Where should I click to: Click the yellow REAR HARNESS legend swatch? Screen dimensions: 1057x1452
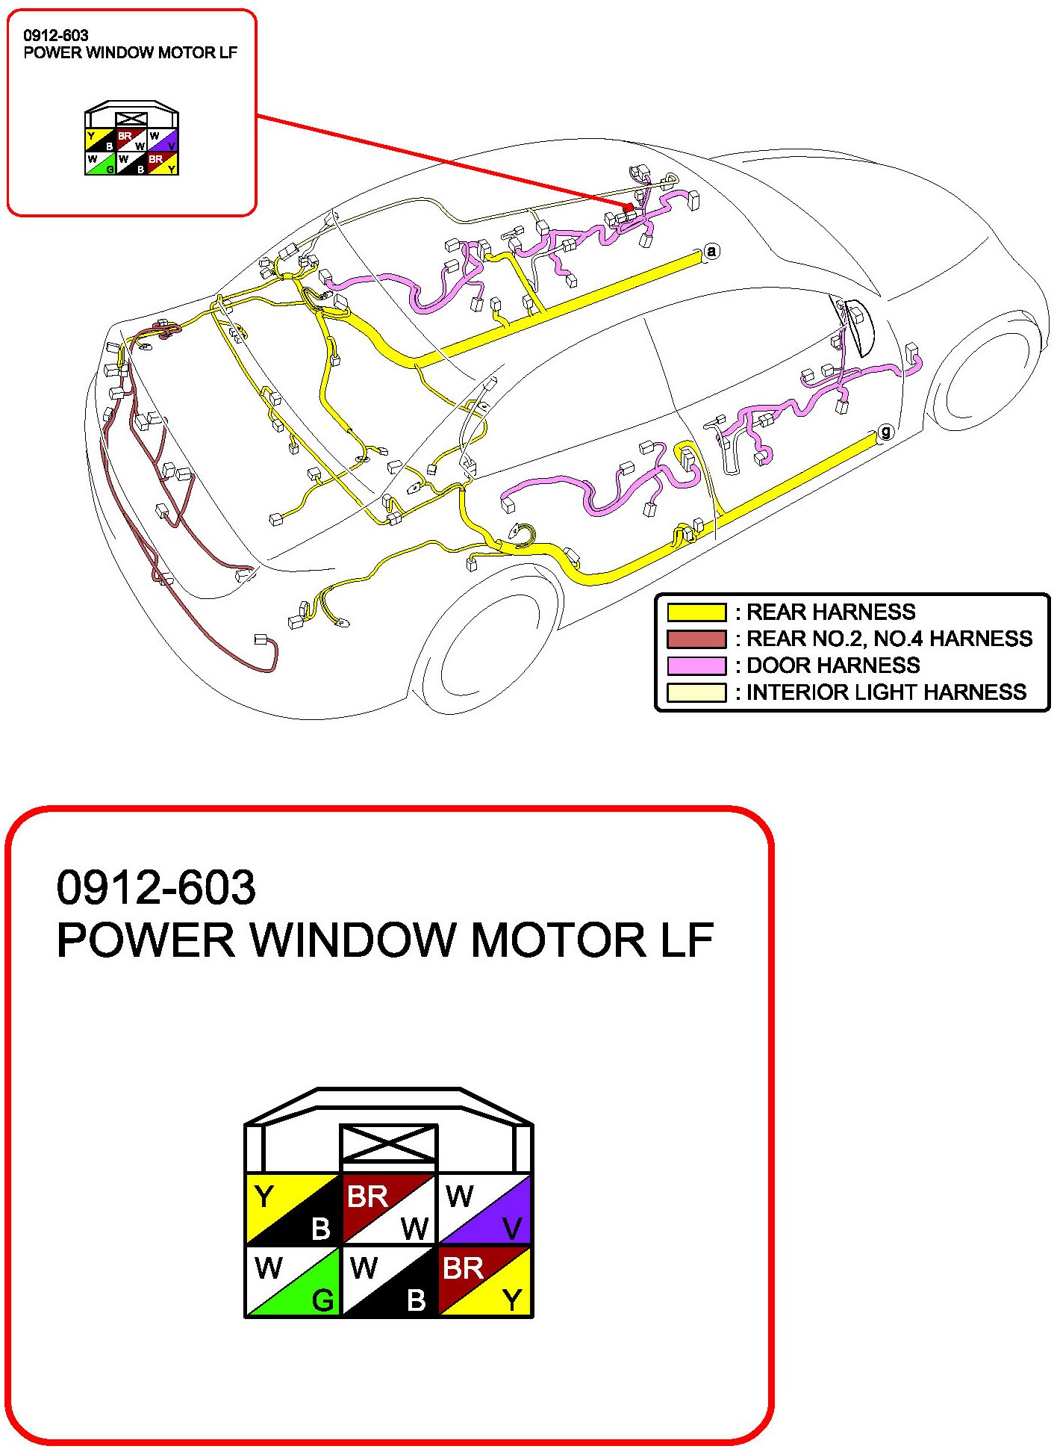pyautogui.click(x=696, y=612)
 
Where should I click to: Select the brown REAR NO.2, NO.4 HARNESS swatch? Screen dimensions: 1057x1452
pyautogui.click(x=696, y=639)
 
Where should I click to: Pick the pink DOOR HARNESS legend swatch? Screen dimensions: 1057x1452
pyautogui.click(x=696, y=665)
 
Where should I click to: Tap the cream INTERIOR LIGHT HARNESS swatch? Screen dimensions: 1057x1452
pyautogui.click(x=696, y=692)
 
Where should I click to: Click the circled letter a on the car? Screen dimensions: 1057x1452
pyautogui.click(x=711, y=251)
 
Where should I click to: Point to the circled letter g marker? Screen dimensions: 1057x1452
pyautogui.click(x=885, y=432)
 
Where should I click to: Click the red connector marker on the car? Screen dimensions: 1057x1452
pyautogui.click(x=629, y=207)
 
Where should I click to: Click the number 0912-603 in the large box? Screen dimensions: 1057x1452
pyautogui.click(x=156, y=887)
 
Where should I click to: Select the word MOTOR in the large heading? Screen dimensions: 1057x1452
pyautogui.click(x=558, y=940)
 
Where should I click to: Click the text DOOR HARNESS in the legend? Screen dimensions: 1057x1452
pyautogui.click(x=833, y=665)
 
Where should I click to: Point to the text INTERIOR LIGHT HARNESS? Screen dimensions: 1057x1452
pyautogui.click(x=886, y=692)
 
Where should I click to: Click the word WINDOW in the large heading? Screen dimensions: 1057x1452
pyautogui.click(x=352, y=940)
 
